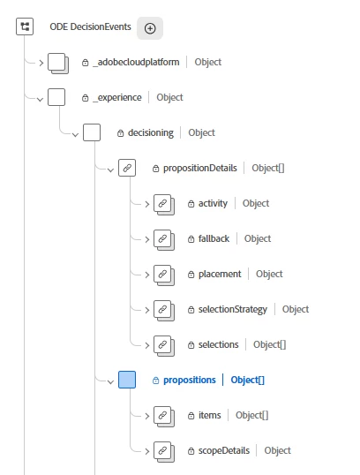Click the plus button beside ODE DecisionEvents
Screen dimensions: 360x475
tap(150, 28)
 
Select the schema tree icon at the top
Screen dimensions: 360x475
tap(25, 26)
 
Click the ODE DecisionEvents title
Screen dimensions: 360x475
tap(90, 26)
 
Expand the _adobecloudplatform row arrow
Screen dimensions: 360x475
tap(41, 63)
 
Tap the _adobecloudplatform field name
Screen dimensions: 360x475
tap(136, 62)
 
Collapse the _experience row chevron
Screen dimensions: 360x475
tap(40, 99)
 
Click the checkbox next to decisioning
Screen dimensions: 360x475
tap(92, 132)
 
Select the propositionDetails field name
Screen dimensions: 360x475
tap(199, 168)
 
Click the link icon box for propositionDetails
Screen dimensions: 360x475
tap(127, 168)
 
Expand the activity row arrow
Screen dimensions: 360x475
tap(146, 204)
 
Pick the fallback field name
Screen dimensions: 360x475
tap(214, 238)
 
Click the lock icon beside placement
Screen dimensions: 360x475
tap(191, 275)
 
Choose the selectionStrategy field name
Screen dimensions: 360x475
tap(233, 309)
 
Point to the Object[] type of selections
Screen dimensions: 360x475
tap(269, 344)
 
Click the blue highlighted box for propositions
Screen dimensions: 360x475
tap(127, 380)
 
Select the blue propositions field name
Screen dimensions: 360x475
tap(190, 381)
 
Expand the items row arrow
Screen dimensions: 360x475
tap(146, 416)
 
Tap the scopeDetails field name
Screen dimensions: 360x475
tap(224, 451)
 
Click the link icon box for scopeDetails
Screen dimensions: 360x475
tap(163, 452)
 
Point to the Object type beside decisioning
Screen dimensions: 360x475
tap(202, 132)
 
